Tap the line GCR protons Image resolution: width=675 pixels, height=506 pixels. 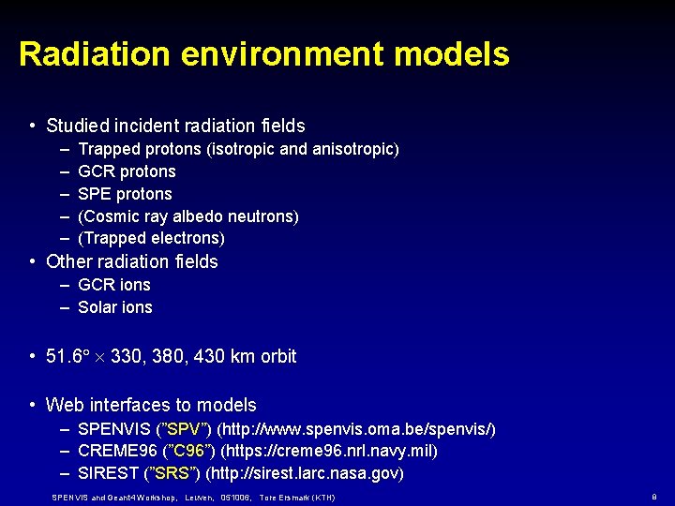(x=127, y=171)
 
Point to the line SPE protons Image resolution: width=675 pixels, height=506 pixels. (x=125, y=194)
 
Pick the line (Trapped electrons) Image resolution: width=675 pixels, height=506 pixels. (x=151, y=238)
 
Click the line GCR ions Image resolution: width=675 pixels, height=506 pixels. (x=113, y=285)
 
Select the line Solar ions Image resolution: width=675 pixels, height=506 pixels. (x=114, y=307)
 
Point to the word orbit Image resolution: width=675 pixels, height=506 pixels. (x=278, y=356)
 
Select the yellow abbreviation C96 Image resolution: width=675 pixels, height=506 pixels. (x=189, y=452)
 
